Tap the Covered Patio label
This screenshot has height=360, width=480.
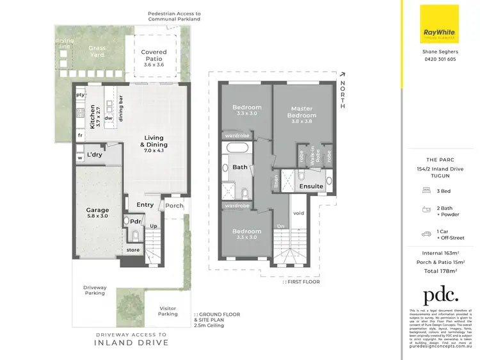[154, 56]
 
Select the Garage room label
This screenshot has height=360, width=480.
[98, 213]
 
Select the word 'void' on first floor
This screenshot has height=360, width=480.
[298, 213]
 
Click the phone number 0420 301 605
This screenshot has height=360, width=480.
[438, 59]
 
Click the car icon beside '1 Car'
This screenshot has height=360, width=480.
[426, 234]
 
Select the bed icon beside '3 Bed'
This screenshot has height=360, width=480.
[426, 190]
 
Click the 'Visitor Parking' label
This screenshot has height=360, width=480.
[168, 311]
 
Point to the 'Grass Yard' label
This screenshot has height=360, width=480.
[97, 51]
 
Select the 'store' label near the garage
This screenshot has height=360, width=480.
[133, 250]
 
